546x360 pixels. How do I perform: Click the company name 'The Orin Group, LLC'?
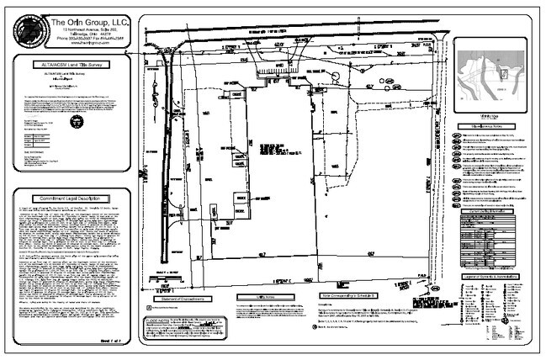pyautogui.click(x=87, y=22)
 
